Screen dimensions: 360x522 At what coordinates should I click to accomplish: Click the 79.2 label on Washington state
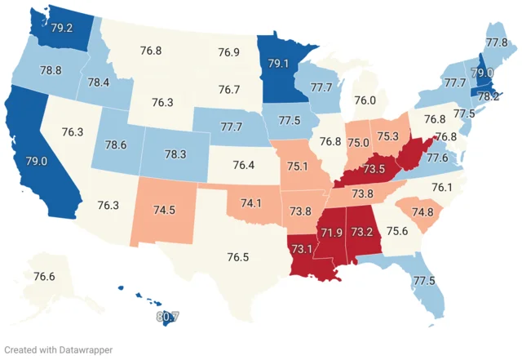coord(63,26)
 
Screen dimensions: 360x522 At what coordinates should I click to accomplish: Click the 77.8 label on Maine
coord(497,42)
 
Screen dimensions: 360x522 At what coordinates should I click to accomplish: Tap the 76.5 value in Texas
coord(238,256)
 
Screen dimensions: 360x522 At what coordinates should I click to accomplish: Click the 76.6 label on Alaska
coord(44,277)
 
